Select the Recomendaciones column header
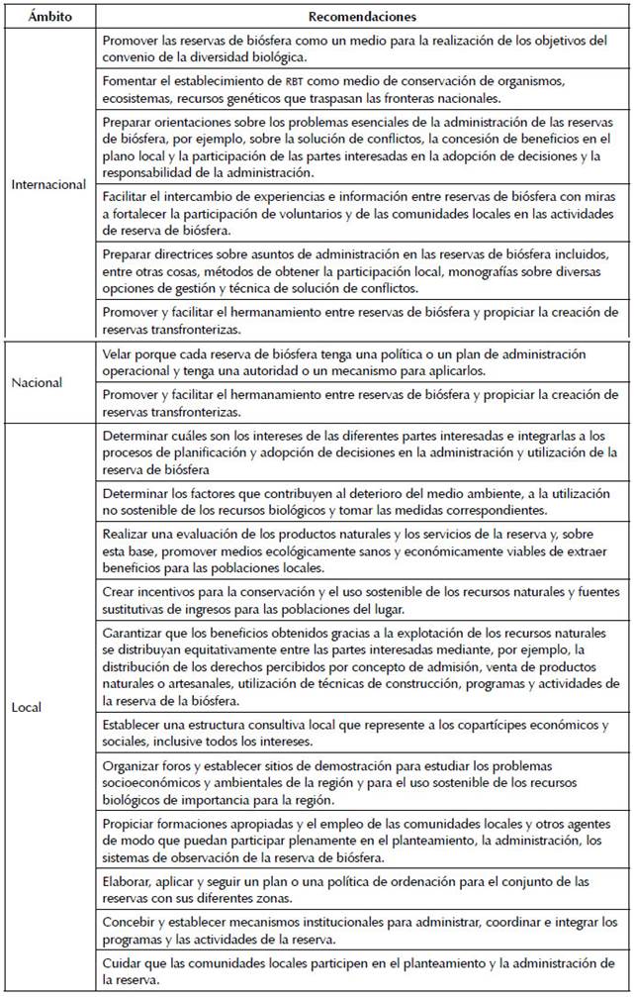[362, 17]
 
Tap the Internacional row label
[49, 184]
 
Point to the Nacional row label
[37, 381]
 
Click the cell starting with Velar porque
[362, 361]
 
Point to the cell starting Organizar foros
[362, 779]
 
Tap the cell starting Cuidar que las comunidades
[362, 971]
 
